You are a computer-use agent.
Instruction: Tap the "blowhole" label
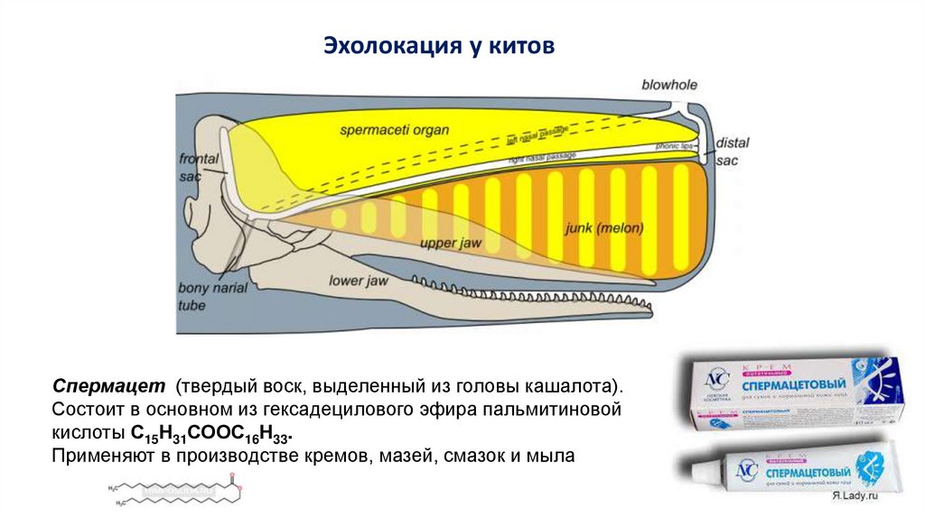coord(669,85)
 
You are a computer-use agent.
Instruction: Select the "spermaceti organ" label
coord(394,129)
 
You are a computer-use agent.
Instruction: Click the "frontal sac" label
coord(199,168)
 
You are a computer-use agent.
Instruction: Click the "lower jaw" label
coord(359,281)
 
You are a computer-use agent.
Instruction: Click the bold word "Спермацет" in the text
coord(107,386)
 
